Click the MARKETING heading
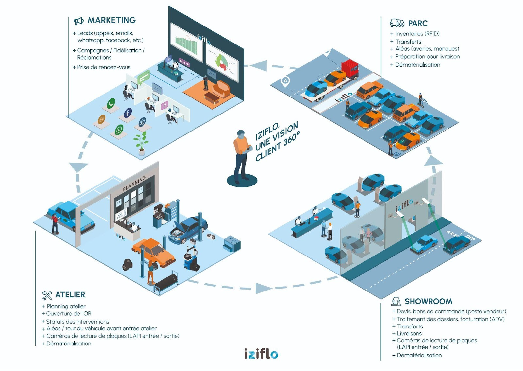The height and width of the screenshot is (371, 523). point(111,20)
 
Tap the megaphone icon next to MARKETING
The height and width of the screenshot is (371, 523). point(78,21)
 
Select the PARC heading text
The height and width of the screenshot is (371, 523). point(418,24)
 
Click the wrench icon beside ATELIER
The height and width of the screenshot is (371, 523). point(47,295)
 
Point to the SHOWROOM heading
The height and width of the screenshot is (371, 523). point(428,301)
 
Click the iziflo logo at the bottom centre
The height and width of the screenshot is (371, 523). point(261,354)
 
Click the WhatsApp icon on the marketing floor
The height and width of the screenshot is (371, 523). point(119,130)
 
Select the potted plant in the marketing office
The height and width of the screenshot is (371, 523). point(141,143)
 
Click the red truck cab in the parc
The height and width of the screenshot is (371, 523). point(350,69)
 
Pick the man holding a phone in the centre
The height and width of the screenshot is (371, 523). point(241,155)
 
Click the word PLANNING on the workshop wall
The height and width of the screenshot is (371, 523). point(134,184)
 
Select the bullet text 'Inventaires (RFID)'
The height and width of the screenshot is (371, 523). point(417,34)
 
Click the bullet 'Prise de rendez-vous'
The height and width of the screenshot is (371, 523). point(104,67)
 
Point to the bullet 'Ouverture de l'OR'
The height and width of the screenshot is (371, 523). point(69,314)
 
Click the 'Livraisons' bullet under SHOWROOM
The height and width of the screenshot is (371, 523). point(409,334)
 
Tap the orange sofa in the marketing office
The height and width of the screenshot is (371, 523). point(222,89)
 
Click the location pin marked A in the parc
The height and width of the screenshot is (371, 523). point(286,81)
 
